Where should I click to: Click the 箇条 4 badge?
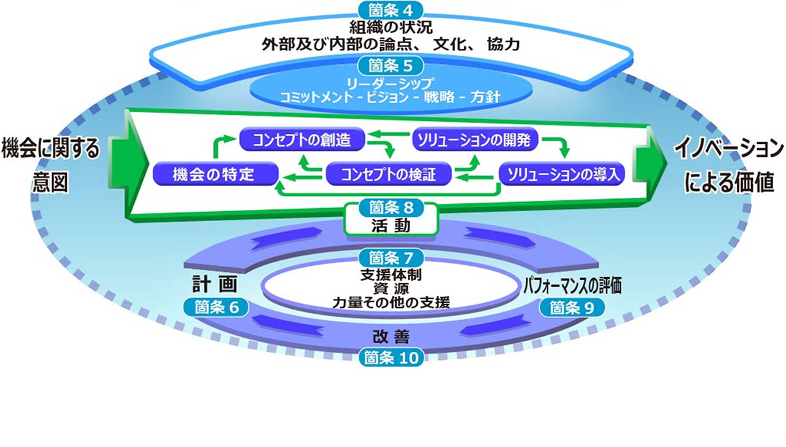[391, 10]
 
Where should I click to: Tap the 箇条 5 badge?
[391, 66]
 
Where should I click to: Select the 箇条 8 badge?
[391, 208]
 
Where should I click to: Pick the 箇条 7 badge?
[391, 258]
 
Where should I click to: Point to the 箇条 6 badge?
[216, 308]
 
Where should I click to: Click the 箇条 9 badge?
[572, 308]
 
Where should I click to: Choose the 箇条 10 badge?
[391, 358]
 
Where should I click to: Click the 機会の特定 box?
[216, 174]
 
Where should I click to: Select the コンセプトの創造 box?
[302, 139]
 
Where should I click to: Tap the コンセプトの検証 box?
[389, 174]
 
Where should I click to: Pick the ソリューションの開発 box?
[475, 139]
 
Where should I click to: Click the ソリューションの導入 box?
[562, 174]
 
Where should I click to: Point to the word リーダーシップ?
[390, 84]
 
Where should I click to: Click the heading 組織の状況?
[391, 27]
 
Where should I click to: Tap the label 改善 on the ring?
[391, 337]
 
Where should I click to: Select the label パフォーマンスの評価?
[572, 286]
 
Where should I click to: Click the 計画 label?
[215, 284]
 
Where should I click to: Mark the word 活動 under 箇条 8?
[391, 225]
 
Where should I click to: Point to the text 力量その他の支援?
[391, 303]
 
